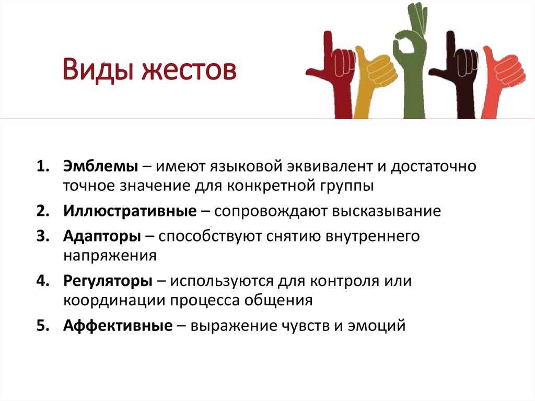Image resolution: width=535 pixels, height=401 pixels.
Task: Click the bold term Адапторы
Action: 102,236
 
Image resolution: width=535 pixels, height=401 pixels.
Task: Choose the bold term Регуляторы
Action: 108,281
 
